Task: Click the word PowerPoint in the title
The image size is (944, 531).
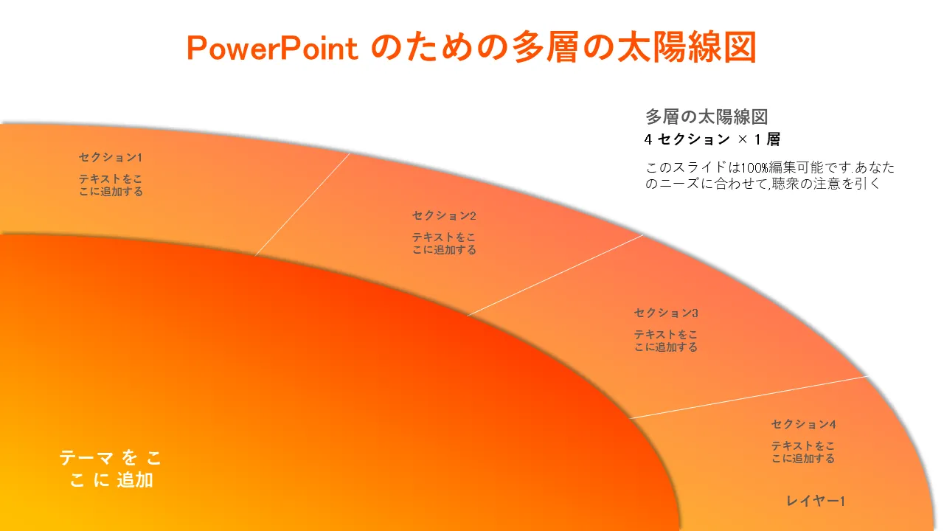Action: [x=272, y=49]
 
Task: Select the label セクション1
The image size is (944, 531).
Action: [x=111, y=158]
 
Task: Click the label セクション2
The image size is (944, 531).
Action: [x=444, y=216]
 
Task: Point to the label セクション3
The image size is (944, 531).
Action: [x=666, y=313]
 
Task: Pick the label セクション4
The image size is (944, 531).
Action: [x=803, y=424]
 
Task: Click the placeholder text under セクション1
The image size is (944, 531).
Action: [x=111, y=185]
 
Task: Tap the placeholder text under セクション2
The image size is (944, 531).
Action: [x=444, y=243]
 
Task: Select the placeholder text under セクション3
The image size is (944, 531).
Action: [x=666, y=341]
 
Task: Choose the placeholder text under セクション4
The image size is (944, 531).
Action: [x=803, y=452]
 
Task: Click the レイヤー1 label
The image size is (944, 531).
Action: [x=816, y=501]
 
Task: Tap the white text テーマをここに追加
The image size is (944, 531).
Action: [x=111, y=468]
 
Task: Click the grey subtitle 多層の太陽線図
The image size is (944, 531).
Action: [x=707, y=117]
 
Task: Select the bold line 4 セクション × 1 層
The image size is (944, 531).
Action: [x=712, y=139]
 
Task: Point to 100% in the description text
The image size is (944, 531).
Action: [x=754, y=167]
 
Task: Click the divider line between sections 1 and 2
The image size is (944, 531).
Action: [x=302, y=204]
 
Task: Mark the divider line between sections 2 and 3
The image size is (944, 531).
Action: [x=555, y=275]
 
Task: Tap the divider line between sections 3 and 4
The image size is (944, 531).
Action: [x=749, y=397]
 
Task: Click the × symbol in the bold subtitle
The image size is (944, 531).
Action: [x=743, y=139]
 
